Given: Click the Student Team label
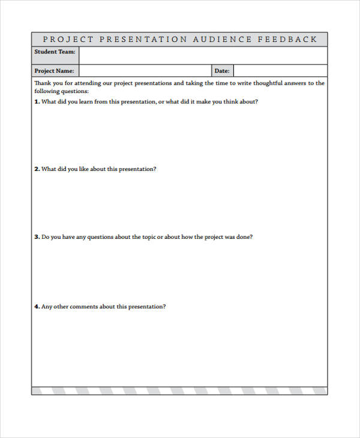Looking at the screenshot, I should pyautogui.click(x=55, y=52).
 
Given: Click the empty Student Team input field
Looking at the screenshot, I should pyautogui.click(x=203, y=55).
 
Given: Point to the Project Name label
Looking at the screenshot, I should pyautogui.click(x=54, y=71).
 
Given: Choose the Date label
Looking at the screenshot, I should pyautogui.click(x=222, y=71).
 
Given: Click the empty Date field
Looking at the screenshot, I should pyautogui.click(x=280, y=71).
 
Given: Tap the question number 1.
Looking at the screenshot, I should pyautogui.click(x=37, y=101).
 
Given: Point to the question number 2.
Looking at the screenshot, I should pyautogui.click(x=37, y=169).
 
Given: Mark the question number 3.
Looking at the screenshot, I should pyautogui.click(x=37, y=237).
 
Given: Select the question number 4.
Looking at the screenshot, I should pyautogui.click(x=37, y=307).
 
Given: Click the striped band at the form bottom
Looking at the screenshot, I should pyautogui.click(x=179, y=391).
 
